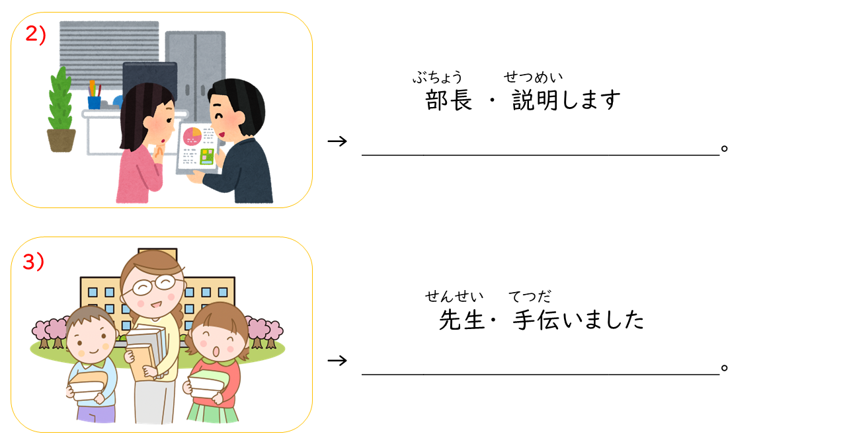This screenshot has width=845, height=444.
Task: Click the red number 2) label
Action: pos(36,34)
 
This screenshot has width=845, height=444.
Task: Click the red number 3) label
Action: pos(34,261)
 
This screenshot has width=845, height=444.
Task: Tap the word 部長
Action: pos(448,100)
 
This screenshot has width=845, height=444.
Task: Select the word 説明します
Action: pos(566,100)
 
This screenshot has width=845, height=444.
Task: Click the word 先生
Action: pos(462,320)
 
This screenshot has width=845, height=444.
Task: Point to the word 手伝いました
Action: pos(579,320)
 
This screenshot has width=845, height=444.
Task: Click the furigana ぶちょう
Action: pos(437,77)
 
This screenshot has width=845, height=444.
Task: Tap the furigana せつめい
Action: pos(533,77)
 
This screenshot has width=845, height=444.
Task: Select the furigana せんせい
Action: pos(454,297)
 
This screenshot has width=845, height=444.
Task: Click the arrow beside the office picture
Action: pos(337,141)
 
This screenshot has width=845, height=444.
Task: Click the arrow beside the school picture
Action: pos(337,361)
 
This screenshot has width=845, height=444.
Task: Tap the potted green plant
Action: pos(61,110)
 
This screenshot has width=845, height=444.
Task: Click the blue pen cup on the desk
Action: pos(95,102)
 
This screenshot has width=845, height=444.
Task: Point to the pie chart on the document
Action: pos(192,136)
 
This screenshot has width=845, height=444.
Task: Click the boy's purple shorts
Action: pos(96,414)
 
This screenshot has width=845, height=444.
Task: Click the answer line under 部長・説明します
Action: pos(541,155)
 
